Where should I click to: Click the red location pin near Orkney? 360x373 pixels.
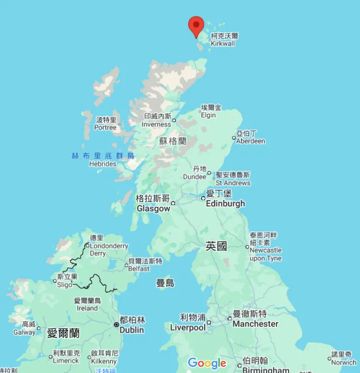196,25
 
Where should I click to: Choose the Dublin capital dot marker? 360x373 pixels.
116,324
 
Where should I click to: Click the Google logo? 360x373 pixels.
207,363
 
